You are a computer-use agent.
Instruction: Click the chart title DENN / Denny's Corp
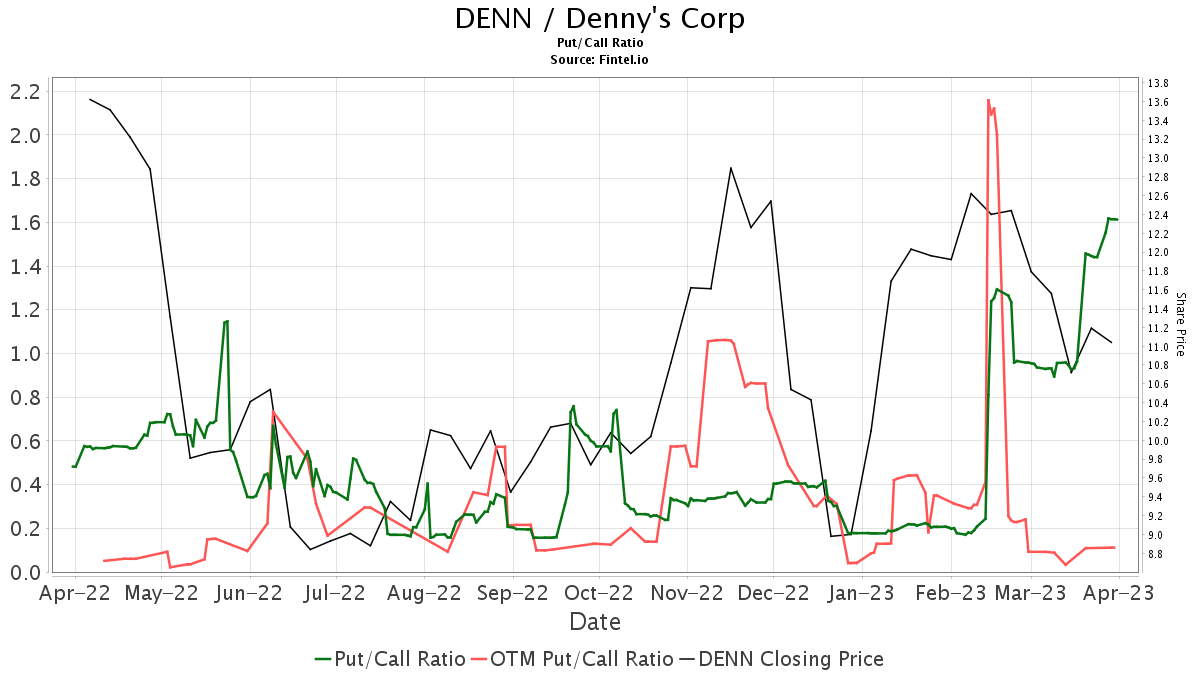600,19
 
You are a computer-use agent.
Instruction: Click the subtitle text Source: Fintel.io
600,60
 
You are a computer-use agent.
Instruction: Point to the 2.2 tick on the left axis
24,91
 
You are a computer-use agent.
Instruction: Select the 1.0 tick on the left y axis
24,354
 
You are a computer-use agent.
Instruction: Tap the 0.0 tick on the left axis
24,572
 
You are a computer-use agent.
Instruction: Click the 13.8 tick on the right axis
1159,83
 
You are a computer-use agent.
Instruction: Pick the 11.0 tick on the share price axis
1159,347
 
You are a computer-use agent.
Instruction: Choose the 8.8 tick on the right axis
1159,554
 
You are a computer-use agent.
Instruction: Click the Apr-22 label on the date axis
74,593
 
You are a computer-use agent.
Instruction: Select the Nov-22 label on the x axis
688,593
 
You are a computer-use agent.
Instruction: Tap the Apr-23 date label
1119,593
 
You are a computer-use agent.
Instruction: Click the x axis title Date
595,622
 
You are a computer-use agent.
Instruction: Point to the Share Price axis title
1180,324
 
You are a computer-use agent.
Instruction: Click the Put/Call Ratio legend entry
390,659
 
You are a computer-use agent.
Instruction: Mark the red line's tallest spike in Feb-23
988,100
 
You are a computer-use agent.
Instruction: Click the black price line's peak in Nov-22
731,168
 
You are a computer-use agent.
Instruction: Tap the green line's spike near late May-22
227,321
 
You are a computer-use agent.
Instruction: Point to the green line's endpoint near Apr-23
1116,220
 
